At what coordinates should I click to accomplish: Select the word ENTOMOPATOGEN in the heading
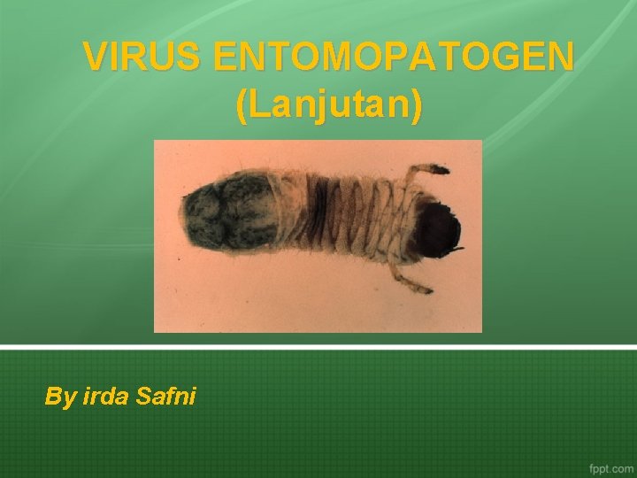click(x=394, y=58)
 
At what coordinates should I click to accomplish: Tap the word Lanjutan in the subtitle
click(x=329, y=106)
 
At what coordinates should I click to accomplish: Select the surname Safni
click(x=166, y=397)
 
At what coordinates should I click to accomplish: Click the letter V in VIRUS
click(x=96, y=58)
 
